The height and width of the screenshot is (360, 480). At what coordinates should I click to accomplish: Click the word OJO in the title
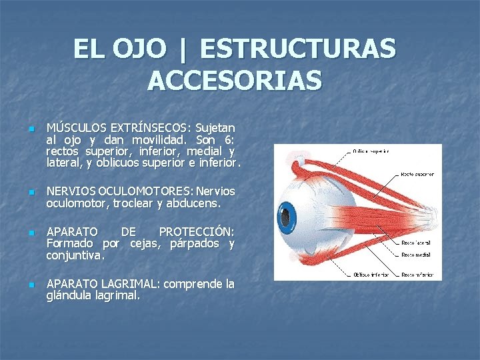pos(139,49)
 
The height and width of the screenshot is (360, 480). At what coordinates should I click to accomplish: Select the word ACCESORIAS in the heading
pos(235,81)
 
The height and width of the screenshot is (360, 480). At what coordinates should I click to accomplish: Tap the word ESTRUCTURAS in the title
pos(297,49)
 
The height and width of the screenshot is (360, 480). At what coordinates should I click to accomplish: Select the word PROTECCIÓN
pos(196,231)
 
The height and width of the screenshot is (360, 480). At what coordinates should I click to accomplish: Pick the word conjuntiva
pos(75,255)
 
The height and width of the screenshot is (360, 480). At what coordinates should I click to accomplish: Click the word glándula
pos(71,296)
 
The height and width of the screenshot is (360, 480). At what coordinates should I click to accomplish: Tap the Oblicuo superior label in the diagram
pos(371,151)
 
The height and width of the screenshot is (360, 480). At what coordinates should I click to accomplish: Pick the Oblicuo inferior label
pos(370,273)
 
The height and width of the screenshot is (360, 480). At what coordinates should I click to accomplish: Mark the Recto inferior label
pos(417,273)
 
